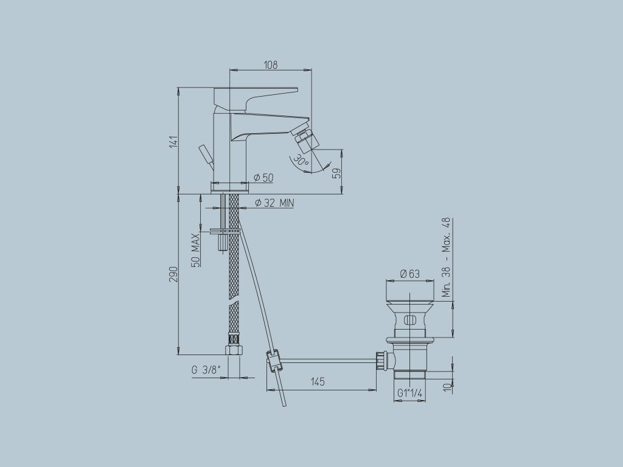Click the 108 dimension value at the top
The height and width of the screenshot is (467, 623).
pos(271,64)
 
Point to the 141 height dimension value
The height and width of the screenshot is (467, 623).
pos(173,142)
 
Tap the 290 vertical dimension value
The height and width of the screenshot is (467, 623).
pos(173,274)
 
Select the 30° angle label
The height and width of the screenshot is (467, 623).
pos(301,161)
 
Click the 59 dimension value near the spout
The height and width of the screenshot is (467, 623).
pos(336,173)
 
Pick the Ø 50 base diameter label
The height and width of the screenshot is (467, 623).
pos(263,178)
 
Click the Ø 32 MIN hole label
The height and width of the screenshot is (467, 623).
pos(274,203)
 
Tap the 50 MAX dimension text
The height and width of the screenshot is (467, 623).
pos(195,250)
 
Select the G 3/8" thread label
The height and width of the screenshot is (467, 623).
pos(206,370)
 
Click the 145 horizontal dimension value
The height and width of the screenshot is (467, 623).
pos(318,382)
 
